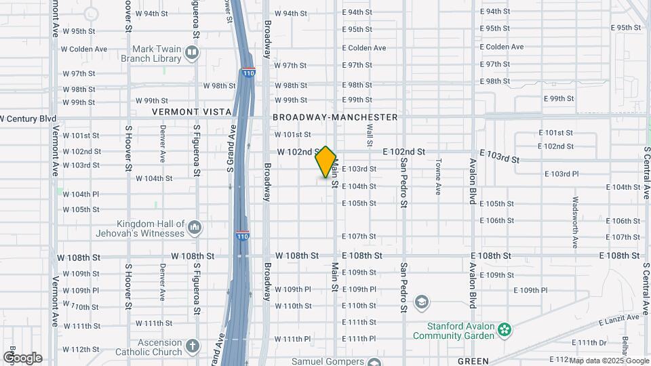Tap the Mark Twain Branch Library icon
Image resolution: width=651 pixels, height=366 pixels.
pyautogui.click(x=193, y=53)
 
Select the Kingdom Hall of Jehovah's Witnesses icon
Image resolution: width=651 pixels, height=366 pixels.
pyautogui.click(x=194, y=228)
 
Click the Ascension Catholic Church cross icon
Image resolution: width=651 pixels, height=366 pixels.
pyautogui.click(x=193, y=346)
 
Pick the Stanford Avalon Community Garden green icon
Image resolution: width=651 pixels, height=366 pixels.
pyautogui.click(x=504, y=329)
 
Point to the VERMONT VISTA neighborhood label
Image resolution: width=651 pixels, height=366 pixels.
pyautogui.click(x=185, y=111)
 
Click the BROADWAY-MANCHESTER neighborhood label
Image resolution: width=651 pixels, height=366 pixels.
pyautogui.click(x=335, y=117)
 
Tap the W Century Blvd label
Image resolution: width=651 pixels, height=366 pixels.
pyautogui.click(x=28, y=118)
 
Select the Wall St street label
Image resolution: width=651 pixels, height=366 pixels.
pyautogui.click(x=370, y=134)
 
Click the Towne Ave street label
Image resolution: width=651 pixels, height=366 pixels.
pyautogui.click(x=439, y=176)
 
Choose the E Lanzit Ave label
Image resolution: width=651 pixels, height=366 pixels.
pyautogui.click(x=617, y=317)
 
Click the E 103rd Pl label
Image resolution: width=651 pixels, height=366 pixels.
pyautogui.click(x=561, y=174)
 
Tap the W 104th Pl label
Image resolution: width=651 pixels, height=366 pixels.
pyautogui.click(x=81, y=194)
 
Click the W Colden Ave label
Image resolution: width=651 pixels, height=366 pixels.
pyautogui.click(x=84, y=49)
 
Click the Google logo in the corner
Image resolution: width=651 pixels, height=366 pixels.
pyautogui.click(x=22, y=357)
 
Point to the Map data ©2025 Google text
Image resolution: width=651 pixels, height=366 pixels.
pyautogui.click(x=608, y=361)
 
